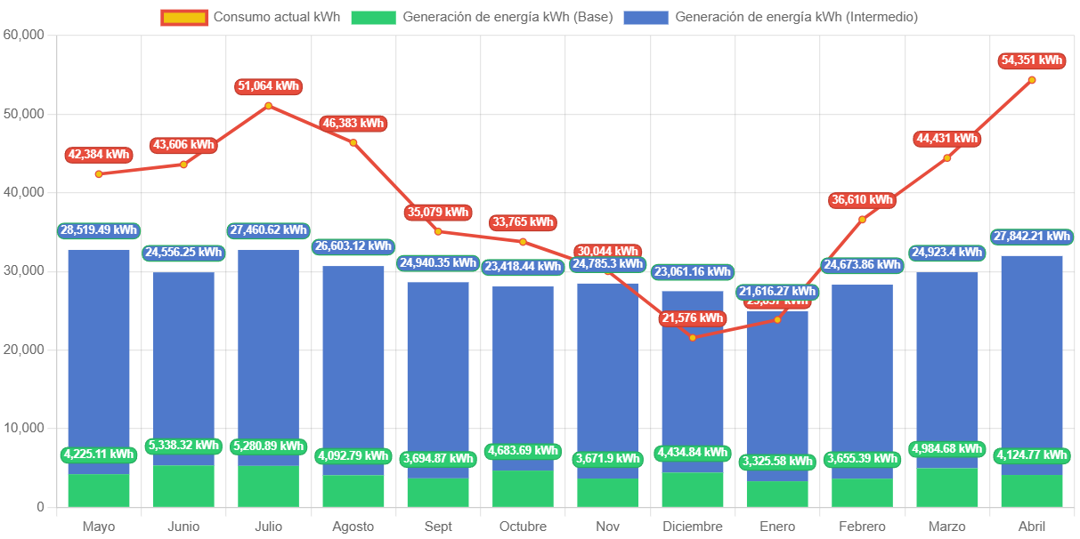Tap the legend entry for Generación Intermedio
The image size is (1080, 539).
click(x=771, y=17)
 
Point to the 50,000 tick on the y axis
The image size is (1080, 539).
click(x=24, y=114)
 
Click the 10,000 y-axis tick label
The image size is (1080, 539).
click(x=24, y=428)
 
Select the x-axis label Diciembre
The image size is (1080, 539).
click(x=693, y=527)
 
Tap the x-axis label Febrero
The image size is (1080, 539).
click(x=862, y=527)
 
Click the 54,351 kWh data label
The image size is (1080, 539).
click(x=1032, y=60)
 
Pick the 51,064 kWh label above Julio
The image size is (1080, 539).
click(x=268, y=86)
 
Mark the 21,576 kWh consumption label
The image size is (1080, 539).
click(x=693, y=318)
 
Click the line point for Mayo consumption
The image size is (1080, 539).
click(x=99, y=174)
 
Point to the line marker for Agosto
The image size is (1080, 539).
click(x=353, y=142)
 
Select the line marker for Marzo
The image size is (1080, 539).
click(x=947, y=158)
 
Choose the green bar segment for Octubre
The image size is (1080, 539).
click(x=523, y=489)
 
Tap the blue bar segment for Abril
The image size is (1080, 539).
click(x=1032, y=356)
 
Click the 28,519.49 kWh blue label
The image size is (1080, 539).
click(x=99, y=230)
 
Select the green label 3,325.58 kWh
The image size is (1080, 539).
click(x=777, y=462)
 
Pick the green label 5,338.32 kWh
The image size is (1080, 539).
click(x=183, y=446)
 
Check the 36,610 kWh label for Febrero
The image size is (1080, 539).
click(x=862, y=200)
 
